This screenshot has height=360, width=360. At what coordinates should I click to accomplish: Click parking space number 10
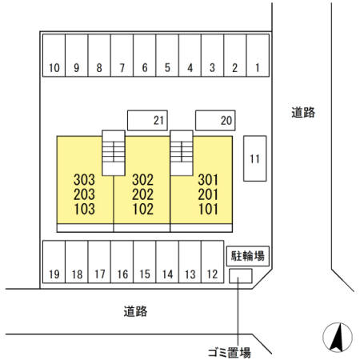pos(54,55)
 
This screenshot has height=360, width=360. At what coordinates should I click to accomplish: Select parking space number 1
pos(258,55)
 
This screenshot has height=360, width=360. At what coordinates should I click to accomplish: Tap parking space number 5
pos(167,55)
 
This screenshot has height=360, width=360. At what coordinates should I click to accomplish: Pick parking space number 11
pos(254,158)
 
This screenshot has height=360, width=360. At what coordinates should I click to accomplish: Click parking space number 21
pos(147,120)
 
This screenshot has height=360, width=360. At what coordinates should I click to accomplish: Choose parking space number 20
pos(215,120)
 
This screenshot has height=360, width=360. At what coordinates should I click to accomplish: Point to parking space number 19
pos(54,262)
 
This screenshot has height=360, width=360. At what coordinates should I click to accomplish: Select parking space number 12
pos(213,262)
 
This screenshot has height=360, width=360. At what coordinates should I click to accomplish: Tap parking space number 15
pos(145,262)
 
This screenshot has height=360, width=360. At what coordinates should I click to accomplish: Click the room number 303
pos(84,180)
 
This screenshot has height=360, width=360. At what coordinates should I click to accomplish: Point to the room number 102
pos(143,209)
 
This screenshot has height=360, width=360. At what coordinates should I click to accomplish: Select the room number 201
pos(208,194)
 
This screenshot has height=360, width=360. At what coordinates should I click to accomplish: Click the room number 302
pos(143,180)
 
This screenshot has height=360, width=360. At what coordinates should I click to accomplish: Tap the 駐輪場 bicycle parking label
pos(248,256)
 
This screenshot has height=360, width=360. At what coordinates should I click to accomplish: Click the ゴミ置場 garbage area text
pos(230,353)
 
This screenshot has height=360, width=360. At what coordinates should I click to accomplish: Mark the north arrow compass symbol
pos(338,338)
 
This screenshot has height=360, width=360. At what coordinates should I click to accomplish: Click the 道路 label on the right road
pos(303,112)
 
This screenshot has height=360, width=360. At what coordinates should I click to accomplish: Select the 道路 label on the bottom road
pos(135,311)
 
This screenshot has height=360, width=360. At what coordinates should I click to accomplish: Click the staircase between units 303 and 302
pos(114,153)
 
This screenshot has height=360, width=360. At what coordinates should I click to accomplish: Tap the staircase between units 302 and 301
pos(182,153)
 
